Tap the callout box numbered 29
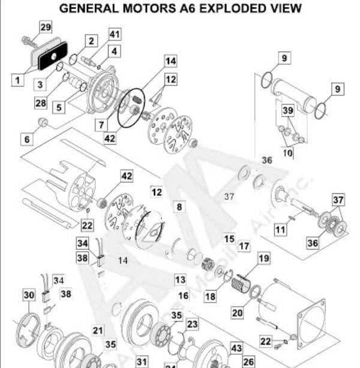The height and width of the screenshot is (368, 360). point(46,27)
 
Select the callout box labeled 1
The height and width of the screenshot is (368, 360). point(17,78)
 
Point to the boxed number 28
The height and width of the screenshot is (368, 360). point(40,103)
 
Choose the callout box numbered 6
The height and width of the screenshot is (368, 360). point(28,139)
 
